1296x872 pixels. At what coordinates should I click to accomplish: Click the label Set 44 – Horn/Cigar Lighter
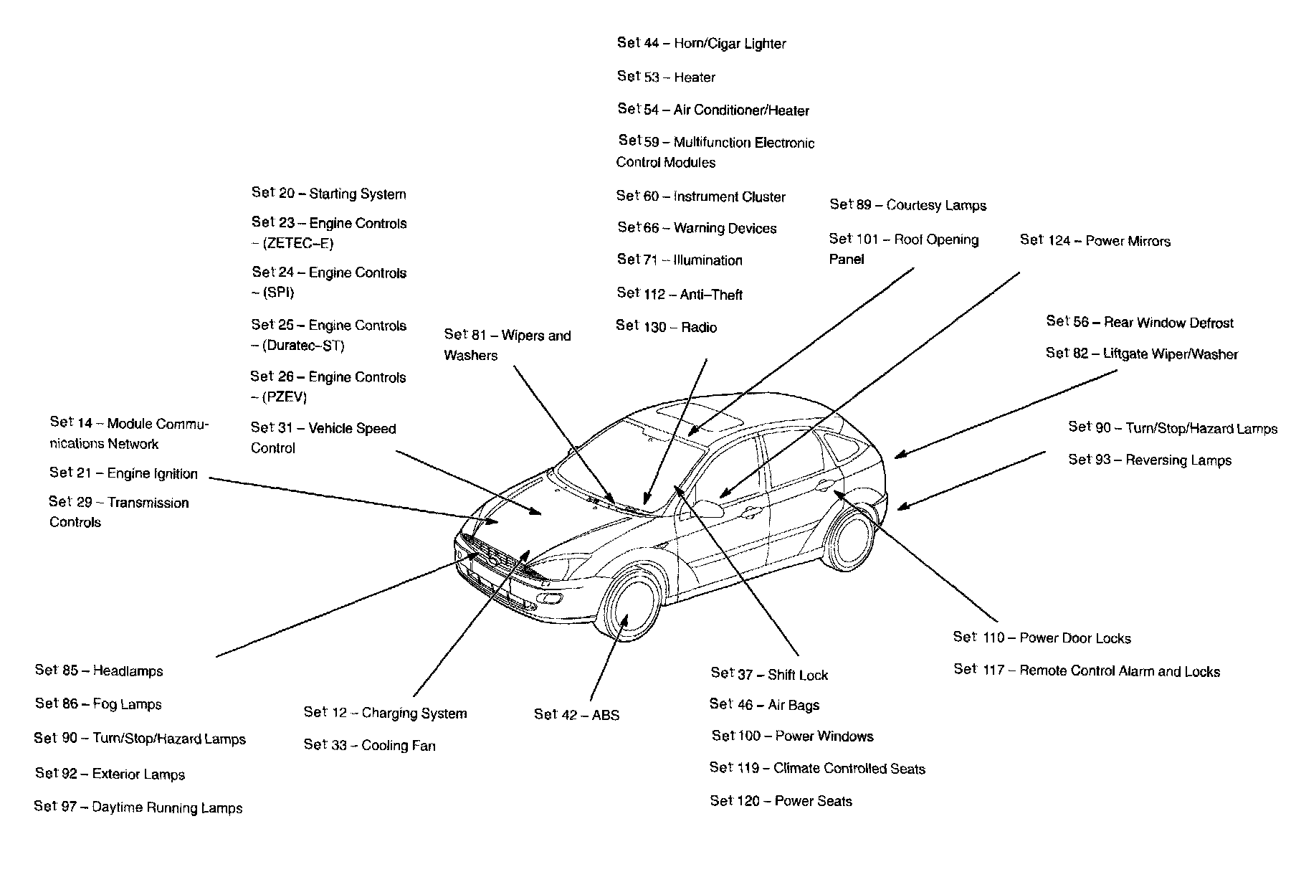pos(701,44)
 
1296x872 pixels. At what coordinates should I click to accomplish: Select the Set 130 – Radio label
pos(666,327)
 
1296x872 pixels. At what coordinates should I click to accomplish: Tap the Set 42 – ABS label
pos(576,715)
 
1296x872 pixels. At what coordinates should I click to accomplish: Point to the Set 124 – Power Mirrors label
pos(1095,241)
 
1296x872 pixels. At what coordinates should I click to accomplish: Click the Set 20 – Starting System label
pos(328,194)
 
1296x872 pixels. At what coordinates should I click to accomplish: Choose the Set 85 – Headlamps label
pos(99,671)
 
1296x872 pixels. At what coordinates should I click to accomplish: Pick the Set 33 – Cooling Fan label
pos(369,746)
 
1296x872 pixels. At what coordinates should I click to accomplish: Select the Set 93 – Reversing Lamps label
pos(1150,460)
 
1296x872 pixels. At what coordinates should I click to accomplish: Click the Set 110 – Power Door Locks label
pos(1042,638)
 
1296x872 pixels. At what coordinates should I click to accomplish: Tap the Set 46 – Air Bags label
pos(764,705)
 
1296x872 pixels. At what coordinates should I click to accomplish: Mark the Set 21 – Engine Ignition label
pos(123,473)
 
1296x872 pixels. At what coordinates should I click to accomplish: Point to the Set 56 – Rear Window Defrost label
pos(1140,323)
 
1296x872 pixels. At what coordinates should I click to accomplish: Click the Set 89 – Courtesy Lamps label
pos(907,205)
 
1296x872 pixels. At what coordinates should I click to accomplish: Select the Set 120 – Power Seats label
pos(781,801)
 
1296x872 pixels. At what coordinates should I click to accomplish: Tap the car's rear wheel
pos(852,537)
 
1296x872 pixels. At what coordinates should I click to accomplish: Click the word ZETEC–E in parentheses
pos(297,244)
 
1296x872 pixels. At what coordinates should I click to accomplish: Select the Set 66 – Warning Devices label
pos(697,229)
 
